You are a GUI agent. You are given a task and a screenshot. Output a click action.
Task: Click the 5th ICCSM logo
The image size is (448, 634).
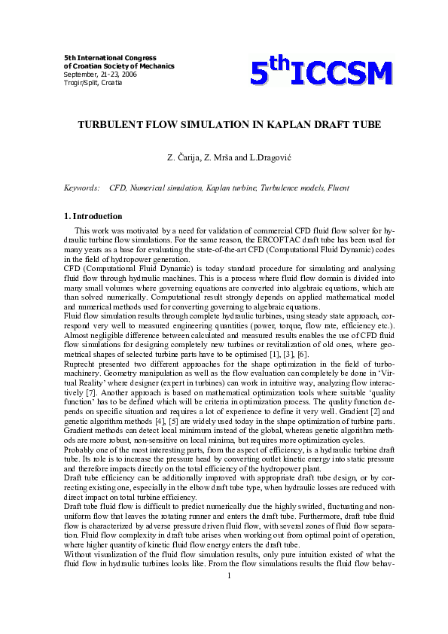click(x=322, y=72)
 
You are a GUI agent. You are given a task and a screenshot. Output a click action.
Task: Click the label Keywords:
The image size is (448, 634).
click(x=82, y=187)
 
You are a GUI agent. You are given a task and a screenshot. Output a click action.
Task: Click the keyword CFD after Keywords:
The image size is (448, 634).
click(x=117, y=187)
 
